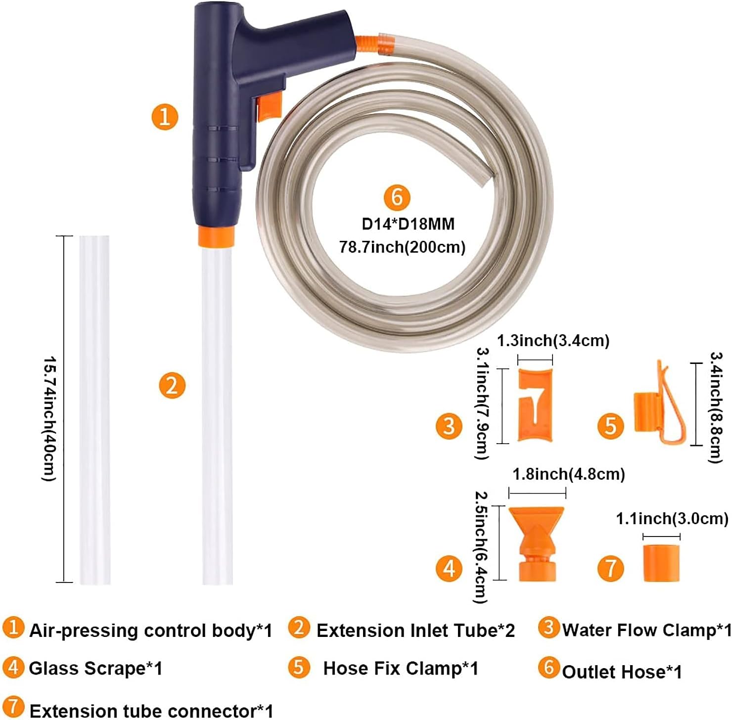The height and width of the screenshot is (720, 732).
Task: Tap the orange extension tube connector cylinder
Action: point(661,563)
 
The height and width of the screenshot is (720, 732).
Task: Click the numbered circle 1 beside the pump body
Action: point(165,117)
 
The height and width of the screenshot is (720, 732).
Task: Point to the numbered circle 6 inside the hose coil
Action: point(397,197)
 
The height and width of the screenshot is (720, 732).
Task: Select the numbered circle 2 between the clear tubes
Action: point(172,385)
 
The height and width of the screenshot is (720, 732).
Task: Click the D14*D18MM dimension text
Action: point(408,224)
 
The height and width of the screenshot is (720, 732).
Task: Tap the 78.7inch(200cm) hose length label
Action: point(402,247)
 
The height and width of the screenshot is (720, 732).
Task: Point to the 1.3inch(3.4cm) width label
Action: point(553,341)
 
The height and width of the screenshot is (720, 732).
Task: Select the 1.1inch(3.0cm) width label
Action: point(672,519)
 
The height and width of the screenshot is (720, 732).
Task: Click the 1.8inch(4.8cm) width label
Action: point(569,474)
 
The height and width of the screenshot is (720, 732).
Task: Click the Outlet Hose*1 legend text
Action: point(622,672)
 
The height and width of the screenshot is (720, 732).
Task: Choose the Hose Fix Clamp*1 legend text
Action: point(401,669)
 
